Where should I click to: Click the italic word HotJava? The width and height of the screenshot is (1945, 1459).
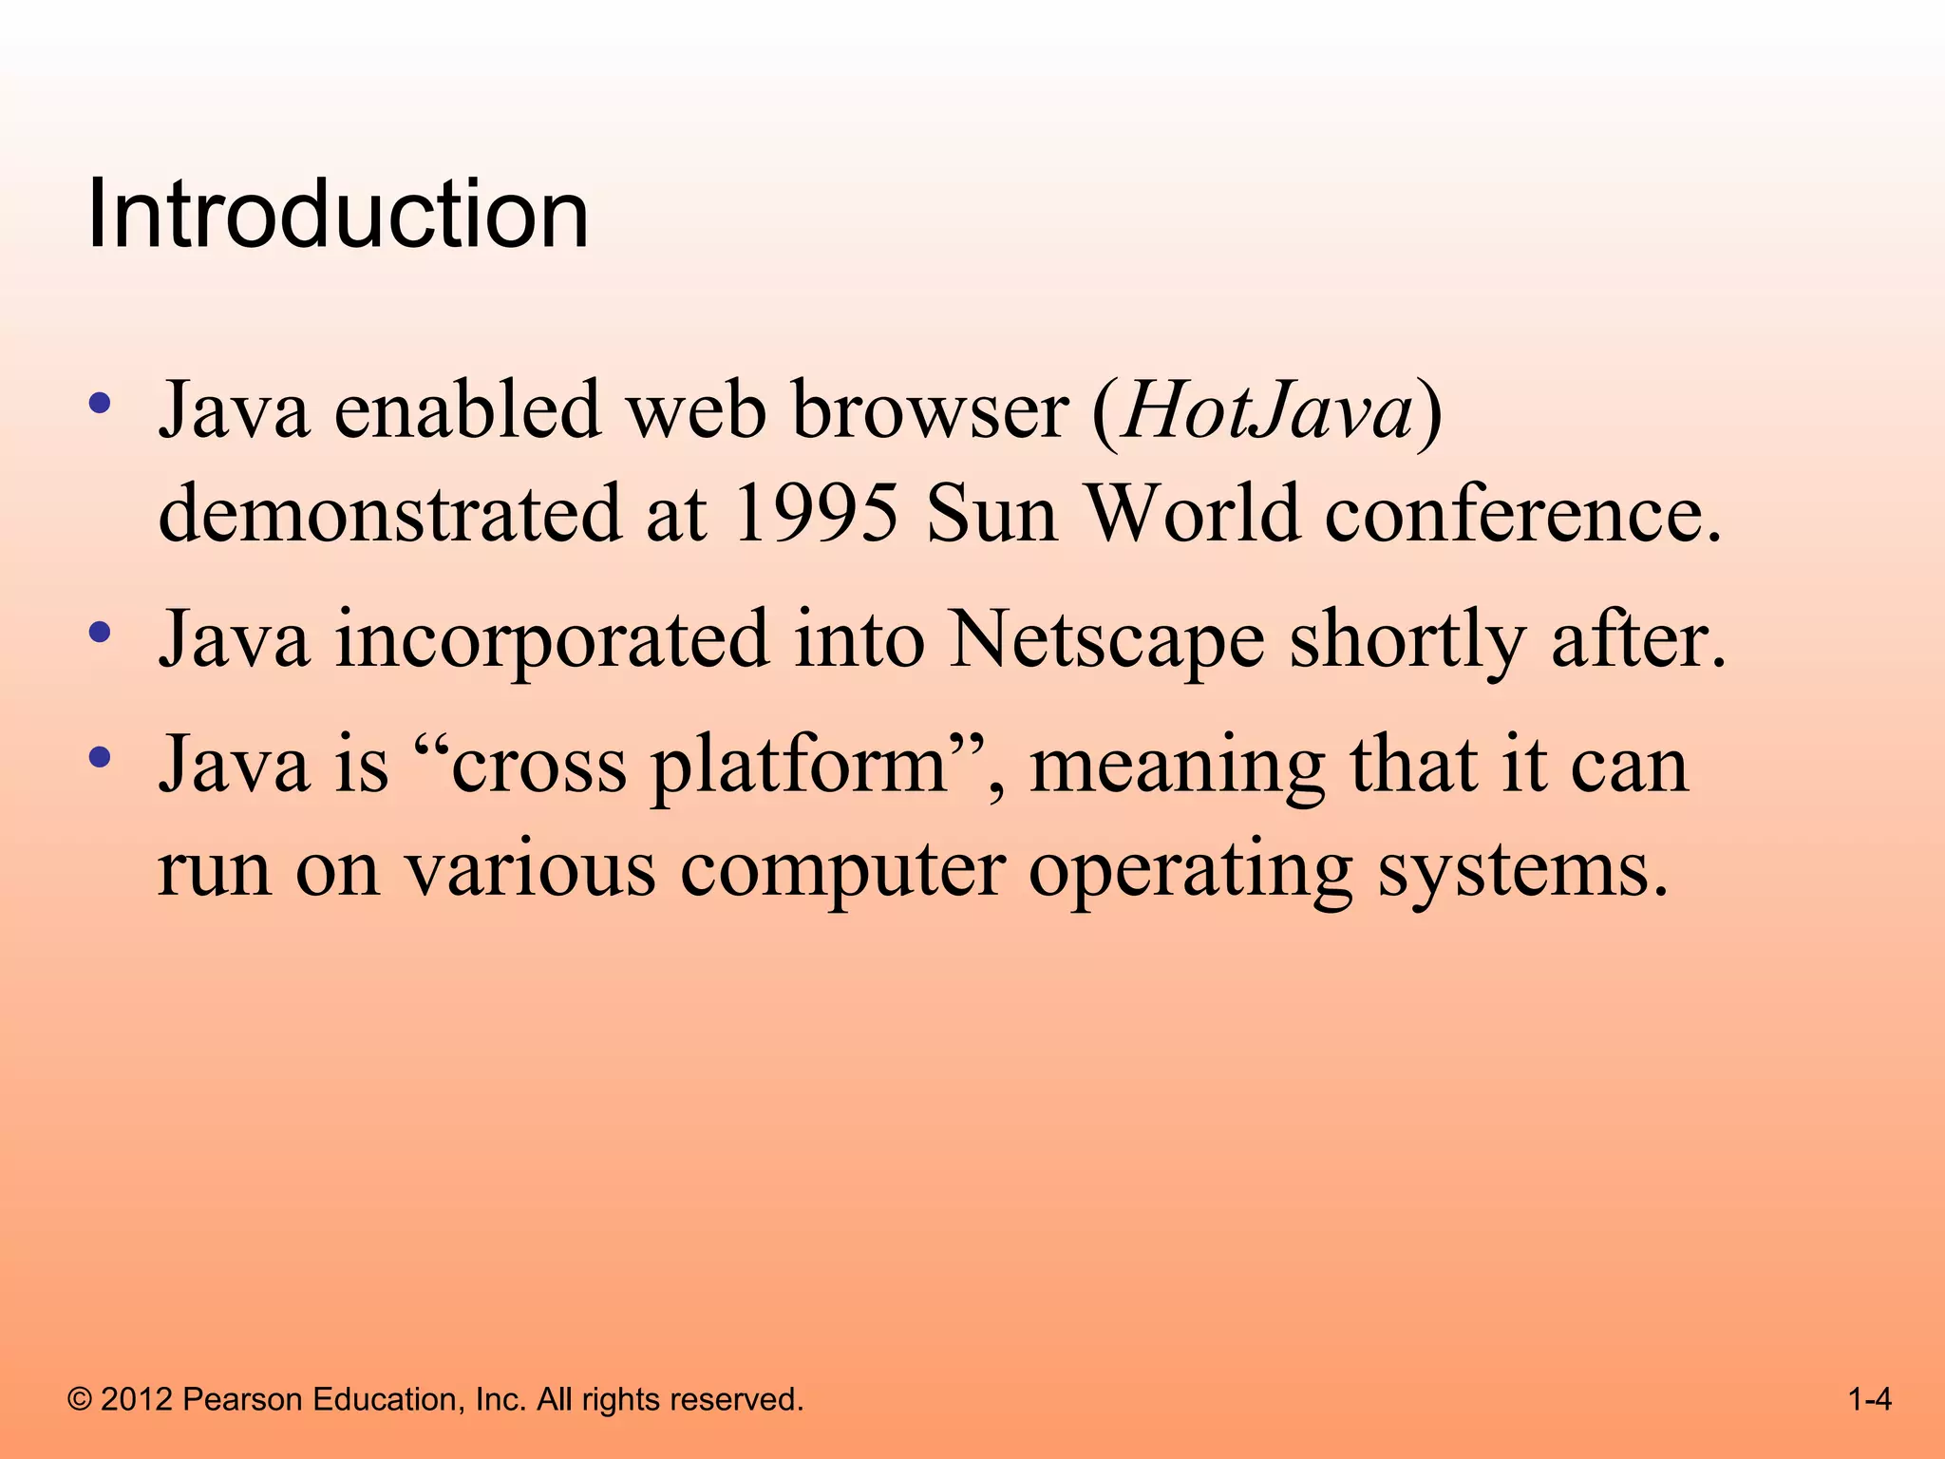[x=1267, y=410]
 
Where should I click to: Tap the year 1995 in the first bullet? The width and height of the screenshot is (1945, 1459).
[x=816, y=513]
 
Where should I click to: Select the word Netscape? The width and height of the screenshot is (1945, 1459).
[x=1106, y=639]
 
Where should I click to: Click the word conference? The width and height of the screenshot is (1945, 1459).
[x=1522, y=513]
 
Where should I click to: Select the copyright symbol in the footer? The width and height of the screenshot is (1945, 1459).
[x=80, y=1399]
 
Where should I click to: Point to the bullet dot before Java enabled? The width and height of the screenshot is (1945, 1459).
[x=99, y=404]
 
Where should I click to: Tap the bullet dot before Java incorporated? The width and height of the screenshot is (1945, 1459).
[x=99, y=632]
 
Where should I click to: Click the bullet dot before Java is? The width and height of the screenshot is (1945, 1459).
[x=99, y=757]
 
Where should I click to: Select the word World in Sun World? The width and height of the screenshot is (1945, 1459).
[x=1192, y=513]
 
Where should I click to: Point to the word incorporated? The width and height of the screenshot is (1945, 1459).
[x=552, y=639]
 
